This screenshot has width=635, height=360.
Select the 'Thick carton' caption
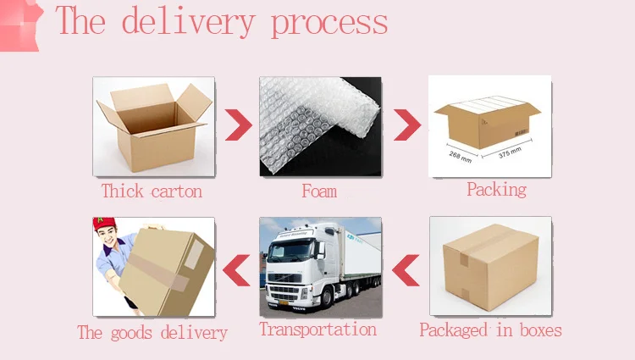(152, 191)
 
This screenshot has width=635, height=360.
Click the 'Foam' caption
(319, 191)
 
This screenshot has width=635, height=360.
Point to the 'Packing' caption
(496, 189)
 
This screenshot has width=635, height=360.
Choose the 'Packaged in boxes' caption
(491, 330)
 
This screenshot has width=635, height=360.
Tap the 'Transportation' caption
(317, 329)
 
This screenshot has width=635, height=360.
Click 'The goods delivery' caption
(152, 331)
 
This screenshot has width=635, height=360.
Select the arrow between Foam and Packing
(407, 125)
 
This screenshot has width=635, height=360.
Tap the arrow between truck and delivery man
(237, 269)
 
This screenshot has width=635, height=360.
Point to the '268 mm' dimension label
(460, 158)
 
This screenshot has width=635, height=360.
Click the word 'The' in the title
(81, 21)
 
